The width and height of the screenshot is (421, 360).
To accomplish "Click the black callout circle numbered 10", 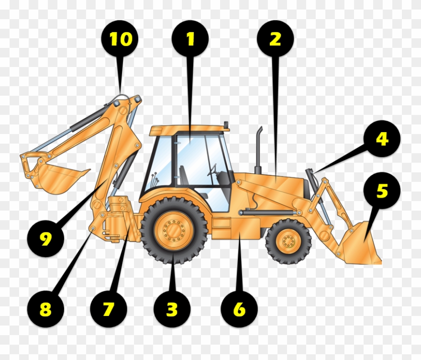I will point(120,39).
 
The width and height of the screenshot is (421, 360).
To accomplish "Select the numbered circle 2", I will point(275,39).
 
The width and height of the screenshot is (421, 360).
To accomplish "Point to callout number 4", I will point(381,139).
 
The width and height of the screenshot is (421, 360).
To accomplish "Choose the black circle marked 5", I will point(382,191).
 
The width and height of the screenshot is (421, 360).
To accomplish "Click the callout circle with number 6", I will point(239,309).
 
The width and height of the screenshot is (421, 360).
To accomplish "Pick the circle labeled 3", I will point(172,309).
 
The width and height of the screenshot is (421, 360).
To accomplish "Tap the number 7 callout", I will point(109,309).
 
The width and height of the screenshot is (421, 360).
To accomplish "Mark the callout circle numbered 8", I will point(45,309).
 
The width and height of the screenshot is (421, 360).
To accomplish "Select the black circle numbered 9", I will point(45,238).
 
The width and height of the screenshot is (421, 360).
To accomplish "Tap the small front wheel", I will point(288,241).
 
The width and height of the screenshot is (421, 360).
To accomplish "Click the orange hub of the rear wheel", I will point(174,231).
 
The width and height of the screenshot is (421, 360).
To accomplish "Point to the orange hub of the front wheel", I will point(288,241).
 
